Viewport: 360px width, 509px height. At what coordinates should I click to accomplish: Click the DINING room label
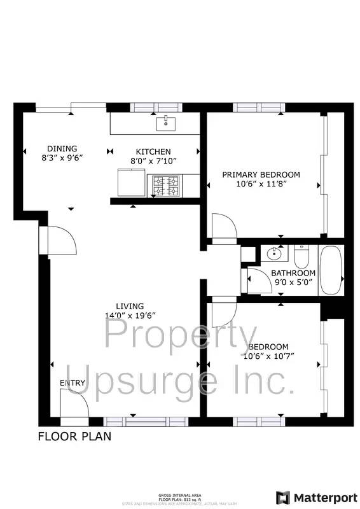[x=62, y=148]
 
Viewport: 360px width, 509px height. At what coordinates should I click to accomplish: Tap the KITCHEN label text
[x=153, y=151]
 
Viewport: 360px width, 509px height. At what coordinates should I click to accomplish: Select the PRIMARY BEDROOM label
[x=260, y=174]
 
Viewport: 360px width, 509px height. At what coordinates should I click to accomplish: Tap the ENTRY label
[x=72, y=382]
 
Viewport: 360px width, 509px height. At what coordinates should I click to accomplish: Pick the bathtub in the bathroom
[x=331, y=270]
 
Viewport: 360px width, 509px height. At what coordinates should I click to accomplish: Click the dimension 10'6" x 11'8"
[x=260, y=184]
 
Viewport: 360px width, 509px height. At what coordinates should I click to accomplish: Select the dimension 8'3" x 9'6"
[x=62, y=157]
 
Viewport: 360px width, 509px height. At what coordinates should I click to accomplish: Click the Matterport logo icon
[x=283, y=497]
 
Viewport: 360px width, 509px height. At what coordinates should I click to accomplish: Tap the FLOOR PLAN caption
[x=74, y=436]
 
